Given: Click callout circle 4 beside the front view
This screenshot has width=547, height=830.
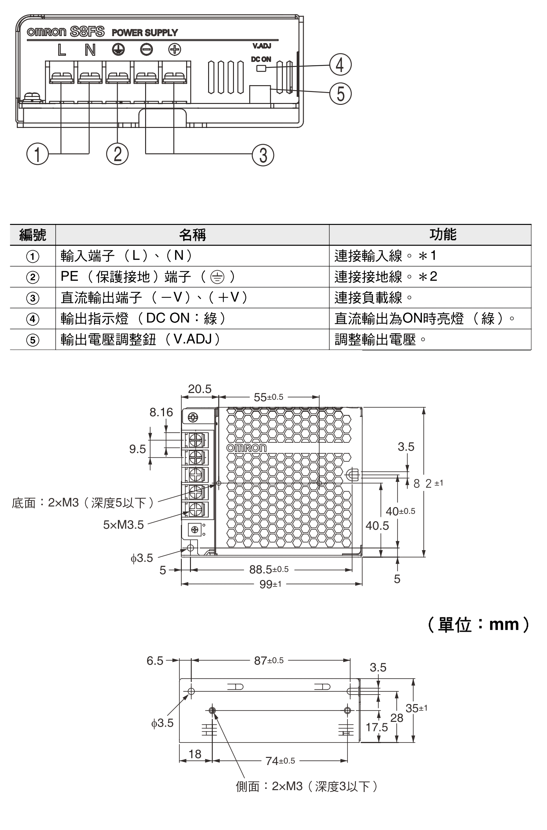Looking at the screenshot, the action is pos(340,65).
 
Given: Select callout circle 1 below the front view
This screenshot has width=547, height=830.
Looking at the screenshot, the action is pos(37,154).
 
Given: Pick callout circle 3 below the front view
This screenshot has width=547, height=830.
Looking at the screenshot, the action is pos(263,155).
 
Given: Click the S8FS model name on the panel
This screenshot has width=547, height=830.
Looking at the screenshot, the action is pos(87,32).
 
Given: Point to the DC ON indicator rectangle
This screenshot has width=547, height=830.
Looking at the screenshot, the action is pos(261,68).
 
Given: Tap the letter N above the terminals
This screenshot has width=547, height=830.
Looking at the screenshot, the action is pos(90,50).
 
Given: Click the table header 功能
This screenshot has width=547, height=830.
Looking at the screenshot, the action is pos(443,234).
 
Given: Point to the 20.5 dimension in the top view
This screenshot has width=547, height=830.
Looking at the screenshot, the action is pos(199,389).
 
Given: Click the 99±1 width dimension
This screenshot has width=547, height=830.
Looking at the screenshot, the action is pos(270,584).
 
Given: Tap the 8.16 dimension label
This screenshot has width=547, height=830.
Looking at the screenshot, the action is pos(161,412).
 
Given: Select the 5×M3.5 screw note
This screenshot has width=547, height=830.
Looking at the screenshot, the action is pos(124,524).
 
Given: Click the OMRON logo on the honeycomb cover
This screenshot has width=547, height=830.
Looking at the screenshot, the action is pos(246,448).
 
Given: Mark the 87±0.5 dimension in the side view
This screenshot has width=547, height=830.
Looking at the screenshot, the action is pos(269,660).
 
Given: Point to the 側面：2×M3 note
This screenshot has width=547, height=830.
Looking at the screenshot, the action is pos(307,786).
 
